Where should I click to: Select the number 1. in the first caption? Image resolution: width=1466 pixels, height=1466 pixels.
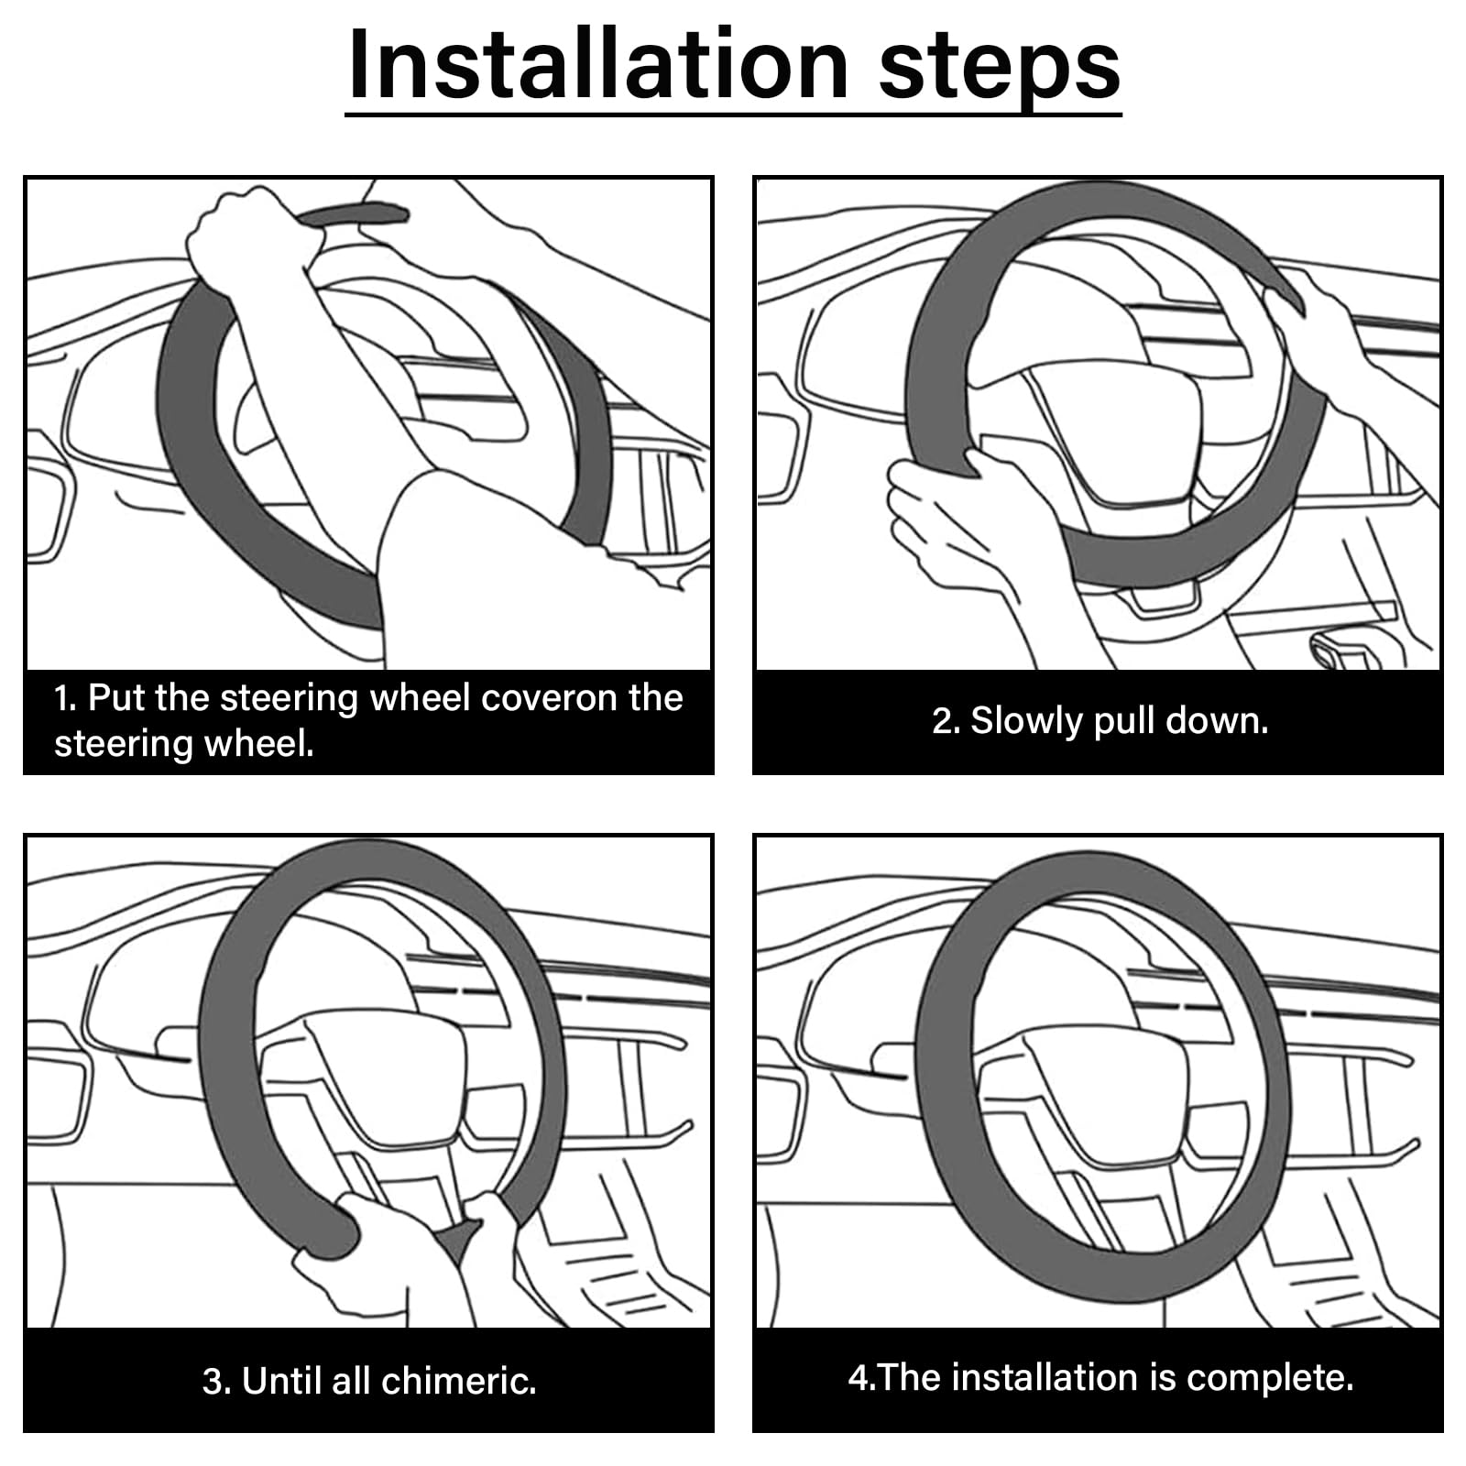pos(66,699)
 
